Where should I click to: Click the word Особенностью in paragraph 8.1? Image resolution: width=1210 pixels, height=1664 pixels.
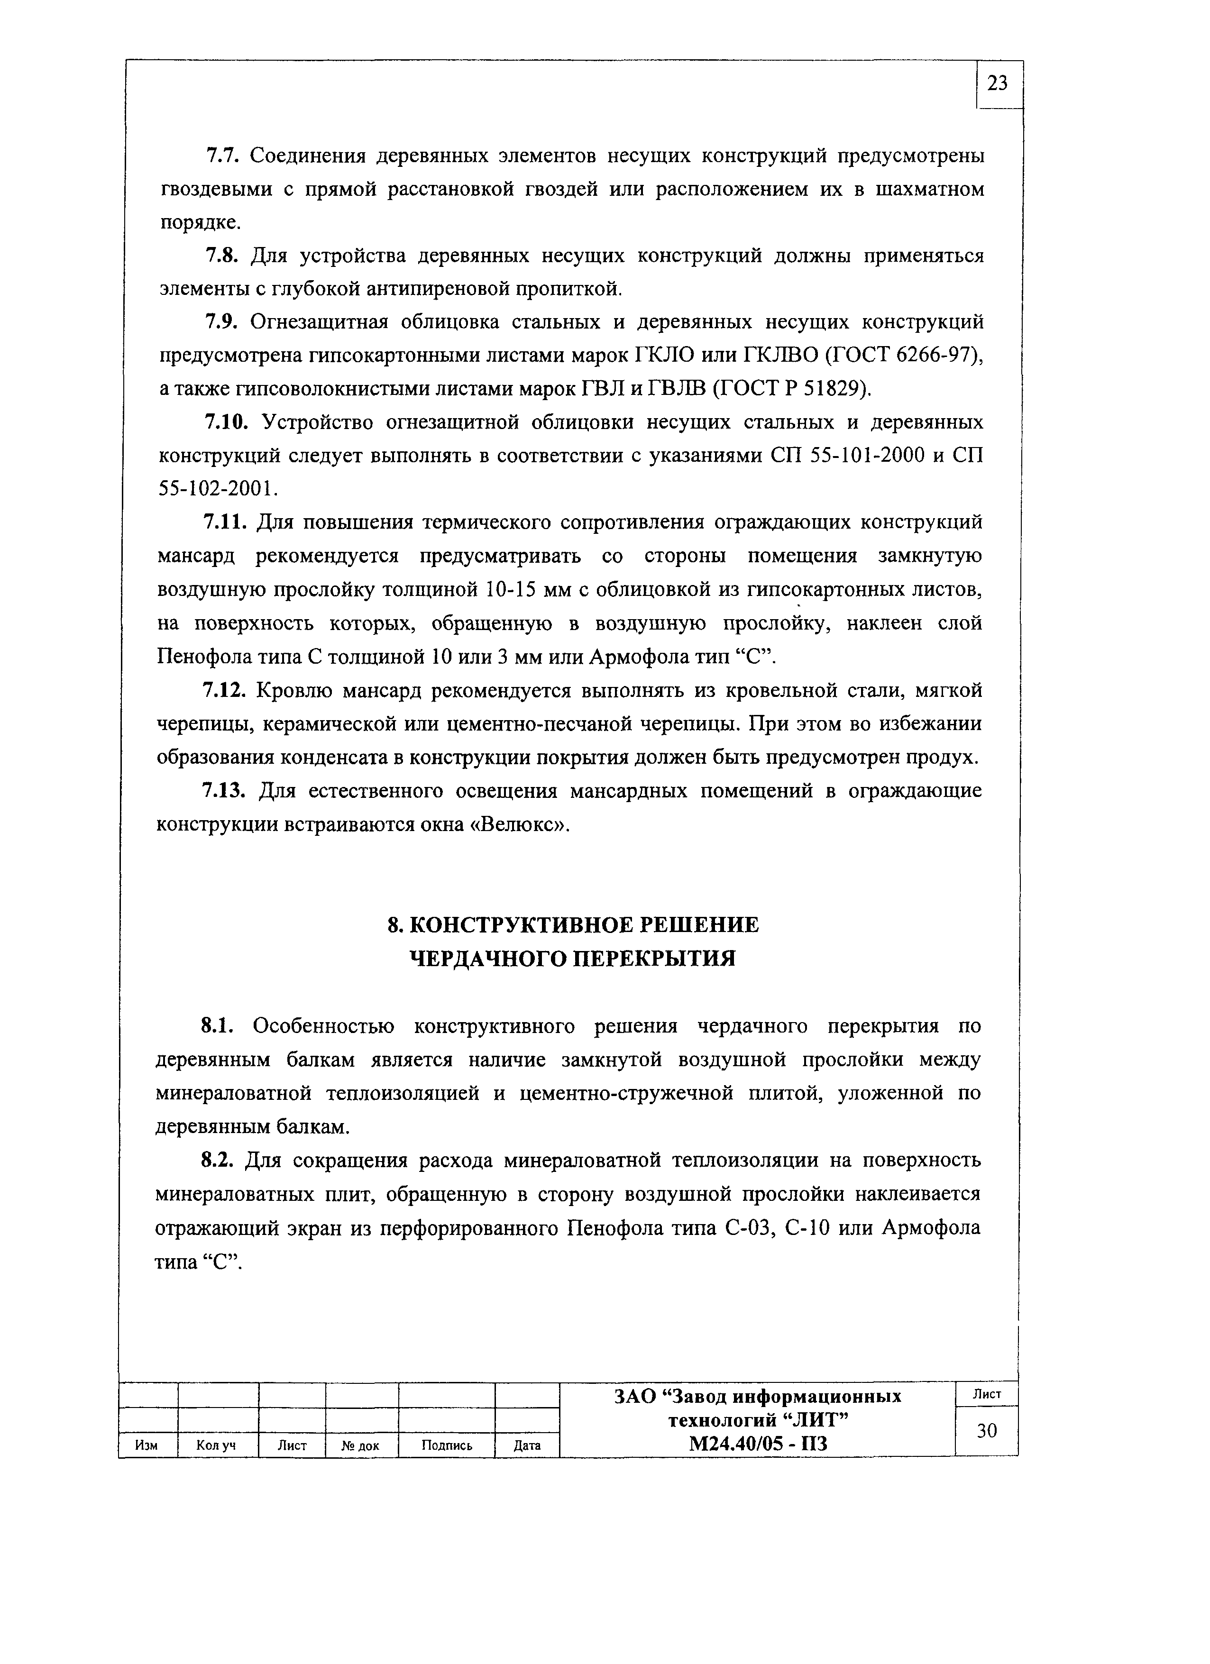(x=323, y=1026)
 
